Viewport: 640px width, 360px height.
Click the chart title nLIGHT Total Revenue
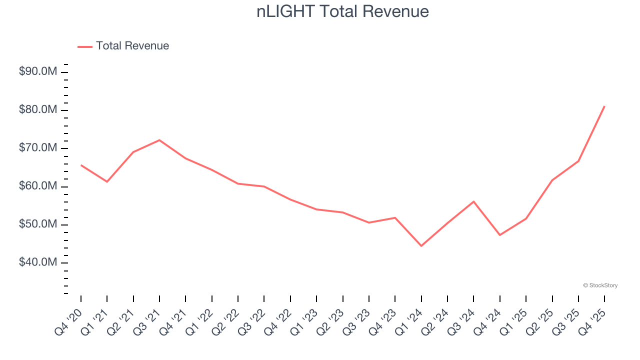click(x=342, y=11)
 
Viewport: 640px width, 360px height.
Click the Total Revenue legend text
click(x=132, y=46)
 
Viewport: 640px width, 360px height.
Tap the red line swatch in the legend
click(x=85, y=46)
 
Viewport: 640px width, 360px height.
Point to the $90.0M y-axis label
click(x=38, y=72)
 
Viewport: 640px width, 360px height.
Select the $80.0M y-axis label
click(x=38, y=110)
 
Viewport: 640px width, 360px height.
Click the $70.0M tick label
click(x=38, y=148)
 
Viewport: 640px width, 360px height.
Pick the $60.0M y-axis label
click(x=38, y=186)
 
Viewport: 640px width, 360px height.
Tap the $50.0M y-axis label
click(x=38, y=224)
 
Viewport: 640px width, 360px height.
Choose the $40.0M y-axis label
click(x=38, y=262)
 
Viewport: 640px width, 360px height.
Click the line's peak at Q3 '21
click(x=159, y=140)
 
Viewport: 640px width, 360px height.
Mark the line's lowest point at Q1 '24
click(x=421, y=246)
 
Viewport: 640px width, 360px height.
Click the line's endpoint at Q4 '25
click(x=604, y=106)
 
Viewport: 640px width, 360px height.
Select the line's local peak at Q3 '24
click(x=473, y=201)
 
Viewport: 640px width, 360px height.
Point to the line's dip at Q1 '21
click(x=107, y=181)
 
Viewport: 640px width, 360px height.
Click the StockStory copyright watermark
click(x=600, y=285)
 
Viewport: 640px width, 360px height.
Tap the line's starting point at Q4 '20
click(x=81, y=165)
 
